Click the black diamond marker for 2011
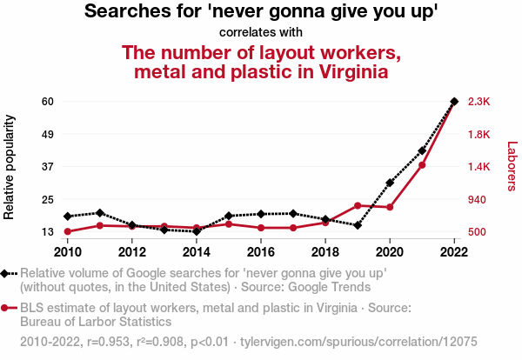100,212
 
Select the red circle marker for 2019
358,205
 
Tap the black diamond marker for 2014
197,231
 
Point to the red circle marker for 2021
422,165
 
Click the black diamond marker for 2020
390,183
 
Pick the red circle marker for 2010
68,231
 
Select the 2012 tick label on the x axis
132,251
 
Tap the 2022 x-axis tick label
454,251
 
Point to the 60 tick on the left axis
48,102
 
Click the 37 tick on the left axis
48,166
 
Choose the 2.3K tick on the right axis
479,102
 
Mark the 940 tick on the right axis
478,199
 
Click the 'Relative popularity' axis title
10,165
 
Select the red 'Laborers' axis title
512,166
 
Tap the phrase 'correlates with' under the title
260,32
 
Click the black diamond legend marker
7,274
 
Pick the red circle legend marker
7,308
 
